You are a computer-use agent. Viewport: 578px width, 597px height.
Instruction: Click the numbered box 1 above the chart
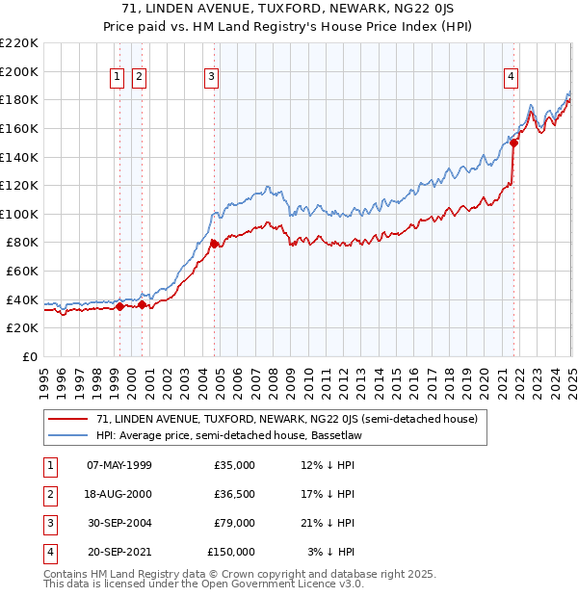pyautogui.click(x=118, y=78)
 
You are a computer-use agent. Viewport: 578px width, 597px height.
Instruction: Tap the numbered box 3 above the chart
pyautogui.click(x=211, y=78)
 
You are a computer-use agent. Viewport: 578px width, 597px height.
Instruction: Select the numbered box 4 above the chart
pyautogui.click(x=511, y=78)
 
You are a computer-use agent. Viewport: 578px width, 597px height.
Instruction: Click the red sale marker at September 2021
pyautogui.click(x=514, y=143)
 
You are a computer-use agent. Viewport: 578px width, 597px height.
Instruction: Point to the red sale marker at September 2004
pyautogui.click(x=214, y=245)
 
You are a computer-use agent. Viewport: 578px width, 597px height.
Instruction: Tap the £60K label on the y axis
pyautogui.click(x=22, y=272)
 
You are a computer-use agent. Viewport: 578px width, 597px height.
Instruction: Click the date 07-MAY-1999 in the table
pyautogui.click(x=118, y=465)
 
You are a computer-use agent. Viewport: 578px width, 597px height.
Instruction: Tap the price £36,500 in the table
pyautogui.click(x=234, y=494)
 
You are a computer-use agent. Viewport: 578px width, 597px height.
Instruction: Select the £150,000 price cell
pyautogui.click(x=231, y=552)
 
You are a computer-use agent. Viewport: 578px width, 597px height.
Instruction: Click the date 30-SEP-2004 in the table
pyautogui.click(x=118, y=523)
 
